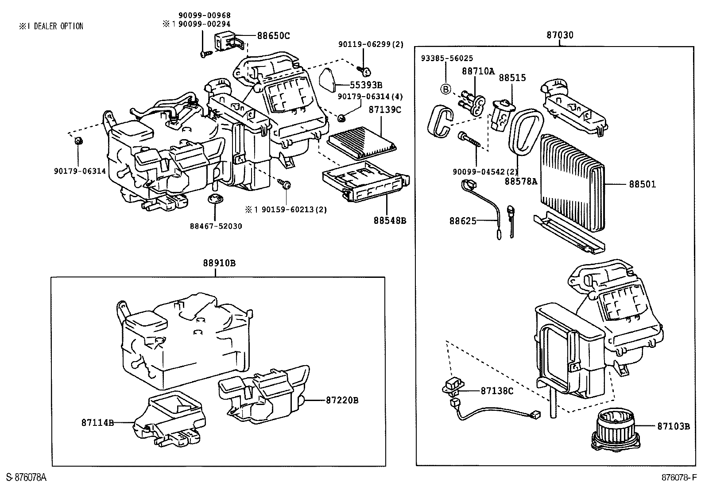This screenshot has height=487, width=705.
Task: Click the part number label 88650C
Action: [273, 36]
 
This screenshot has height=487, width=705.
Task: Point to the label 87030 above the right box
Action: [559, 35]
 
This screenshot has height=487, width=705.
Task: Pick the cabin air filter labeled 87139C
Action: [361, 141]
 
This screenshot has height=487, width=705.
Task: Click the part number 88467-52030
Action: [216, 226]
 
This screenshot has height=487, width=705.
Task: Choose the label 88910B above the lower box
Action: [219, 263]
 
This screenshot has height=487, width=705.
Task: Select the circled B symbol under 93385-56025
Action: [445, 89]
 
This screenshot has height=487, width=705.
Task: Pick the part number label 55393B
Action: [366, 85]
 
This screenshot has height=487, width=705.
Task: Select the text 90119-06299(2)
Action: [371, 44]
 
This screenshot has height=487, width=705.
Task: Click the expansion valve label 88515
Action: [512, 78]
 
